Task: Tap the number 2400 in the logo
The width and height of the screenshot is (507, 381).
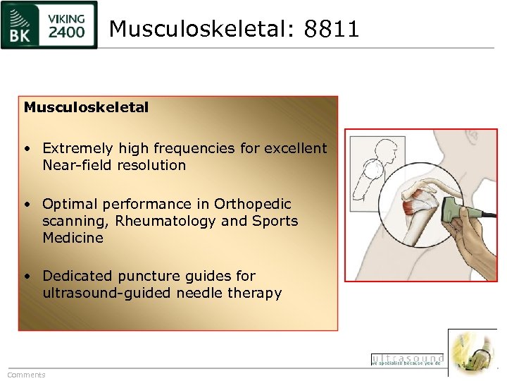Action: pyautogui.click(x=68, y=31)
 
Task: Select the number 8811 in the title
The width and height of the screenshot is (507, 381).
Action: pyautogui.click(x=332, y=29)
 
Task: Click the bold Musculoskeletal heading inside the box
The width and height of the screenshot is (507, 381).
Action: pyautogui.click(x=86, y=108)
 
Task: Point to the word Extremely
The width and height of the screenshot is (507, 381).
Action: pyautogui.click(x=77, y=148)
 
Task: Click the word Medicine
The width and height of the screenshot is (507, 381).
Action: pyautogui.click(x=73, y=238)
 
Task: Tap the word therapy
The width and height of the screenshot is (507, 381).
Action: pyautogui.click(x=256, y=293)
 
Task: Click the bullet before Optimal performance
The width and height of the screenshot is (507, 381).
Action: pyautogui.click(x=26, y=205)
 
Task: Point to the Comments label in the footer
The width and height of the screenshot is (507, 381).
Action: pyautogui.click(x=26, y=375)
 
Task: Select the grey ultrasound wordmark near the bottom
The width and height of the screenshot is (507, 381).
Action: pyautogui.click(x=407, y=359)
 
